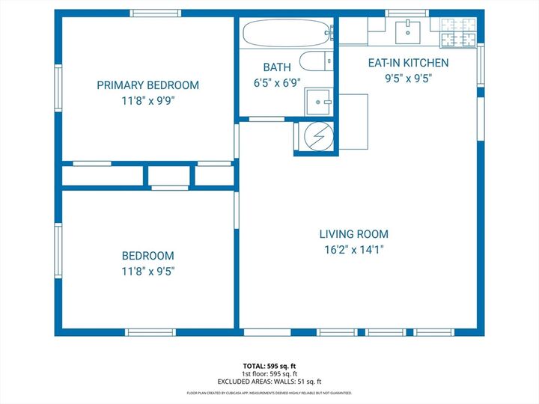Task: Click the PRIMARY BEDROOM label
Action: click(x=147, y=85)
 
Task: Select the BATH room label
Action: click(x=277, y=67)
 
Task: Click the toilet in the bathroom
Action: click(x=314, y=61)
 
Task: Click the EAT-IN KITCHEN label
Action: click(x=408, y=63)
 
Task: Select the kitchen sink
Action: click(x=408, y=30)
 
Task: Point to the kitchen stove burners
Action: click(x=458, y=30)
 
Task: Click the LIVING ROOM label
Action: click(x=354, y=234)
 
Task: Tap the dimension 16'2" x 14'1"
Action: click(x=354, y=250)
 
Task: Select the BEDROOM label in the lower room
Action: click(x=147, y=256)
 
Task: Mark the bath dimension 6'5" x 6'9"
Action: click(x=277, y=83)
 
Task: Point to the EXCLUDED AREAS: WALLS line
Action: click(x=269, y=381)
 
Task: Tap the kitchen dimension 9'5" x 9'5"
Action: click(x=408, y=78)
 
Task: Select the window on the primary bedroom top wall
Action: click(x=156, y=13)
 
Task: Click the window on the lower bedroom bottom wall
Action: click(x=150, y=332)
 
